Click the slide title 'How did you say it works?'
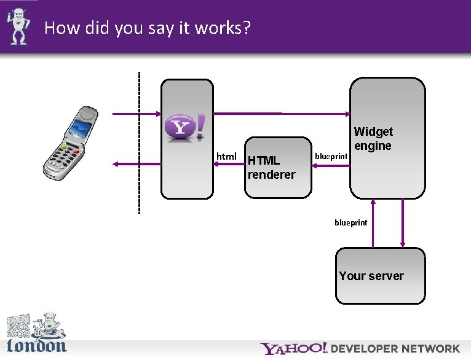[148, 28]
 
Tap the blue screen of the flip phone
[81, 128]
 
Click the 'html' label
[227, 157]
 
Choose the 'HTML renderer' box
[278, 167]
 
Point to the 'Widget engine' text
[373, 138]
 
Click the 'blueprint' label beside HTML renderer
[331, 157]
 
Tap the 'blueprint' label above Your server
[350, 222]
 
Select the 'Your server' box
[380, 276]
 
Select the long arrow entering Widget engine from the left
[283, 114]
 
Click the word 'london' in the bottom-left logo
[36, 345]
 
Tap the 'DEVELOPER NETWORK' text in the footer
[395, 349]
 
